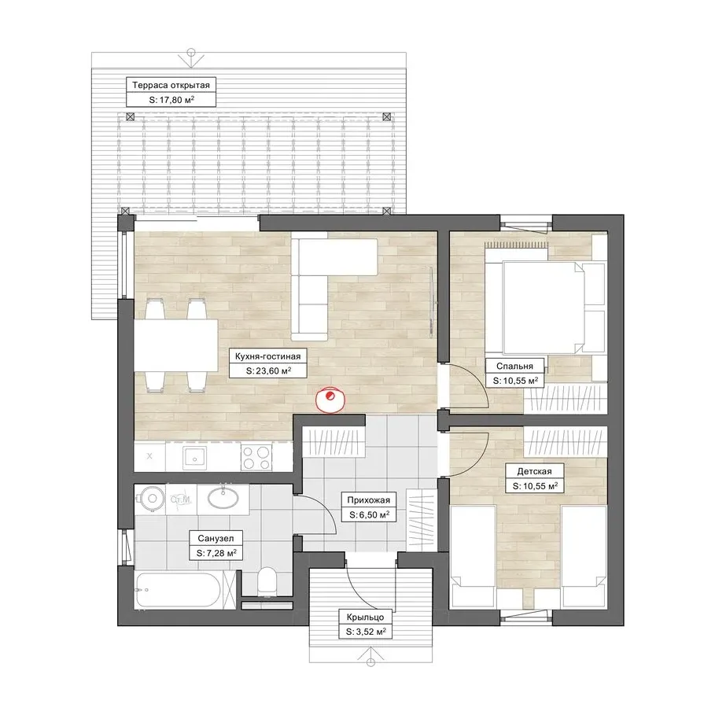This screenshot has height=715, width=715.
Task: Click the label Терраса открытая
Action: click(171, 85)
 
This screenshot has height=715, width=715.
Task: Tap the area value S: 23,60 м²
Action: click(268, 370)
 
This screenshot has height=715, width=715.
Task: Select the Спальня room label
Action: click(514, 366)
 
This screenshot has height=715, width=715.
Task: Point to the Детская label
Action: click(534, 471)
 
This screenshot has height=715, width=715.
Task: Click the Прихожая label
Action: click(368, 499)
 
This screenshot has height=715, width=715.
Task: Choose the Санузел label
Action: click(216, 538)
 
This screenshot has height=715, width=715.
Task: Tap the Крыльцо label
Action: click(365, 617)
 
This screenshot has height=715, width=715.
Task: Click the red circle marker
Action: click(331, 400)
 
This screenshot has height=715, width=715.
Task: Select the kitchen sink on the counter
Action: click(195, 458)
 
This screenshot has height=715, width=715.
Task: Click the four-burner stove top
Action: click(256, 457)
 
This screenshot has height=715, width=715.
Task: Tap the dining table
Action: click(175, 345)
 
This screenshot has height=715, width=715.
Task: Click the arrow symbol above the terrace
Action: click(191, 57)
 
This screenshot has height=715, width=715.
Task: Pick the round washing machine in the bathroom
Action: click(150, 499)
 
